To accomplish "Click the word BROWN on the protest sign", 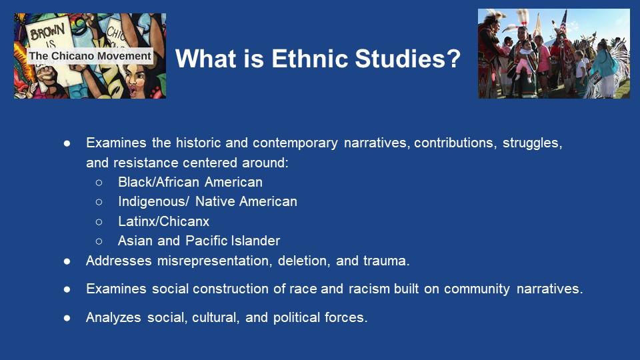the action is click(47, 31).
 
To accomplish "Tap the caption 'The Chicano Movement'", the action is click(90, 56).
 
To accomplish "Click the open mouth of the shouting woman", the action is click(132, 91).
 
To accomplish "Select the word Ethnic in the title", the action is click(310, 59).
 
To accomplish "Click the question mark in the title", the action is click(453, 59).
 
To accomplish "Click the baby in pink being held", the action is click(524, 61).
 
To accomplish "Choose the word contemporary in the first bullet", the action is click(295, 143).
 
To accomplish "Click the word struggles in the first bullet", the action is click(532, 143).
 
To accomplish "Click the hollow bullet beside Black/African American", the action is click(99, 183).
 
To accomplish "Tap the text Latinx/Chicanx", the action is click(164, 221).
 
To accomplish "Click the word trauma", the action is click(386, 261).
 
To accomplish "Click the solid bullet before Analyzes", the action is click(67, 317).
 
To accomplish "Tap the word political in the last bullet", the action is click(296, 317).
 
